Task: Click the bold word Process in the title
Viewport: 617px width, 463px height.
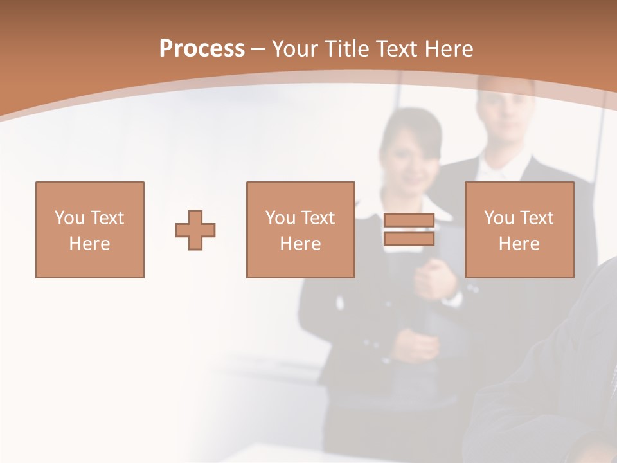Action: (x=202, y=49)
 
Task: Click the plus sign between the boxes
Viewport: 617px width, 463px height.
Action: (x=195, y=230)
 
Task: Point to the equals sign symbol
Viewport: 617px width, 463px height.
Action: (x=409, y=230)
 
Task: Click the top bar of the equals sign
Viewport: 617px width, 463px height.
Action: (x=409, y=221)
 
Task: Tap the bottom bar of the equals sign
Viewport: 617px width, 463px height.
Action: (x=409, y=239)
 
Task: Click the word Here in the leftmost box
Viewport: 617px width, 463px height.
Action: (x=89, y=244)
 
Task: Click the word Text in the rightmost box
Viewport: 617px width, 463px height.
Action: (x=537, y=218)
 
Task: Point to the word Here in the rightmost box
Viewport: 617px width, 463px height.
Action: (x=519, y=244)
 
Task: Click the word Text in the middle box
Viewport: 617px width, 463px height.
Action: (x=319, y=218)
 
